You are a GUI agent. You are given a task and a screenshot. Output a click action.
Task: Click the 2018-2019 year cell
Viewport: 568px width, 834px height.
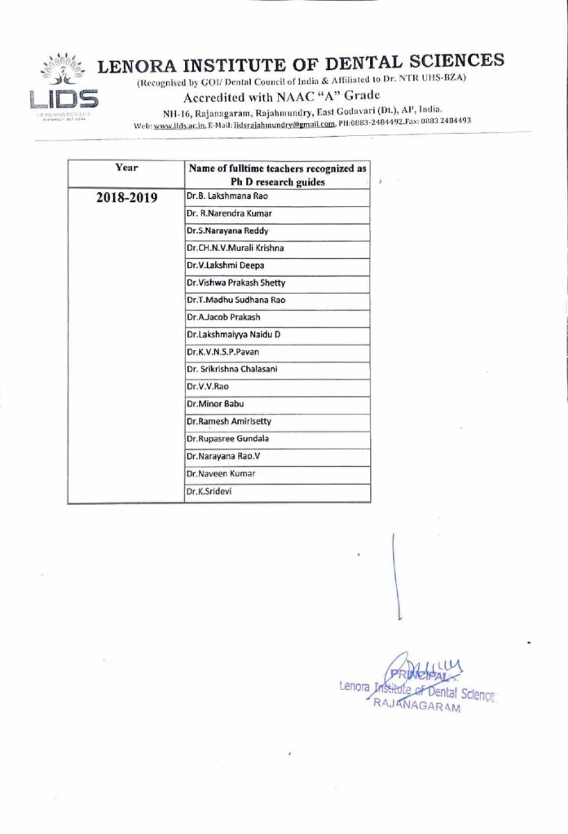(126, 197)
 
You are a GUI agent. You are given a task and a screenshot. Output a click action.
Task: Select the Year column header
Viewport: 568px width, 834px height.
(126, 168)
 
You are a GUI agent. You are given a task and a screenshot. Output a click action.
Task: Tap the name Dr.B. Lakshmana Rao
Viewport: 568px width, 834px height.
(227, 196)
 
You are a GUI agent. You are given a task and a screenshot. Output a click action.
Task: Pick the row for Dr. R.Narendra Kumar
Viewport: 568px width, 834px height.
(230, 213)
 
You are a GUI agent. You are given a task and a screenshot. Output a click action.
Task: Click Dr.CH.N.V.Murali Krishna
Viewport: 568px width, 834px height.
(236, 248)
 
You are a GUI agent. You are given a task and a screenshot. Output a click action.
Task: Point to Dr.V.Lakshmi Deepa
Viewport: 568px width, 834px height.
(226, 265)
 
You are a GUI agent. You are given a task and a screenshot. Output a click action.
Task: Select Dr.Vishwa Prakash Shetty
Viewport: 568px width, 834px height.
(236, 283)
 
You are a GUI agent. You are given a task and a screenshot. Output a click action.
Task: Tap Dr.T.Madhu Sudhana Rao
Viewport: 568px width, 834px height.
(236, 300)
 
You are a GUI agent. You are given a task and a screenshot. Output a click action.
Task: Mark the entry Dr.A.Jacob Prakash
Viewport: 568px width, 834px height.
(224, 317)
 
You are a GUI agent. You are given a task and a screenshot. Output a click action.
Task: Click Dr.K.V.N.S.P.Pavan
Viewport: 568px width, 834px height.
(227, 352)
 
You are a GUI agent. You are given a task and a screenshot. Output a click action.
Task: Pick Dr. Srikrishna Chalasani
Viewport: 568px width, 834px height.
(232, 369)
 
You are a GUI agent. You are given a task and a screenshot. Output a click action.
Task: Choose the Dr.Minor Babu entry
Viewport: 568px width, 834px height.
(215, 403)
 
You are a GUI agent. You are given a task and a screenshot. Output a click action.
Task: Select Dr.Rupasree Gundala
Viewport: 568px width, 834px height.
(228, 438)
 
